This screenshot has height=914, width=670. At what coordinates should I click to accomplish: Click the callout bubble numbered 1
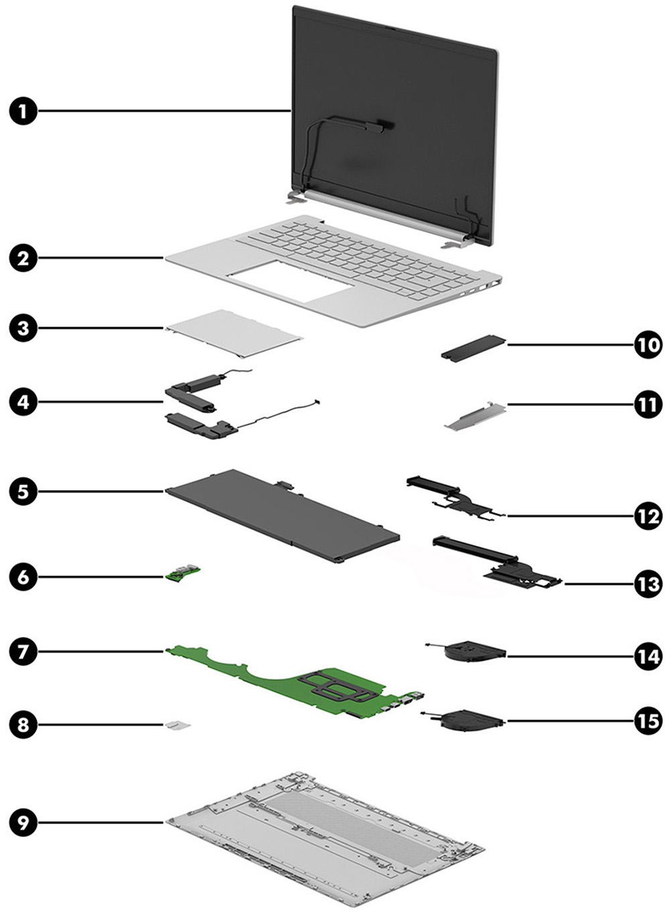click(24, 111)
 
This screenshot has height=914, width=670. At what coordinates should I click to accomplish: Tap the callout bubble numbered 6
click(24, 576)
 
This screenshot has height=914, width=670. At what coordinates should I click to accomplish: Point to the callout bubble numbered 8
click(24, 724)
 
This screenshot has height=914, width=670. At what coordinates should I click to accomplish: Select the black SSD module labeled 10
click(473, 349)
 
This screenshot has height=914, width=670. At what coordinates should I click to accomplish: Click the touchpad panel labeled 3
click(233, 332)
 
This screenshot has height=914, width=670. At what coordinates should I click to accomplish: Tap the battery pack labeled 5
click(281, 515)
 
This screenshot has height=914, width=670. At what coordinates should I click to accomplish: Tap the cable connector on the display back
click(383, 125)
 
